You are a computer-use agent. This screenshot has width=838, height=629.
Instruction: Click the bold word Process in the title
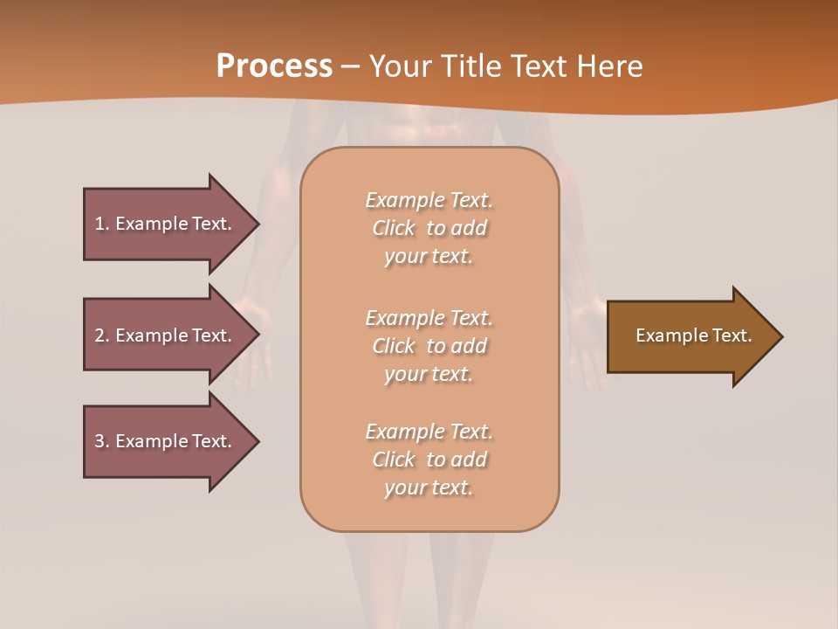(274, 66)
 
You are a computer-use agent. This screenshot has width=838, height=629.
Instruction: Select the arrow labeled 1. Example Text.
(166, 224)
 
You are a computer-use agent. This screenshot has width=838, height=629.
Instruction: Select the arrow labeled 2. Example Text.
(166, 335)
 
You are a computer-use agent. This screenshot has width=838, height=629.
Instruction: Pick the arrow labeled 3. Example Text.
(166, 441)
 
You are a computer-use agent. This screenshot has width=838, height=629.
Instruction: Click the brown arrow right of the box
(690, 336)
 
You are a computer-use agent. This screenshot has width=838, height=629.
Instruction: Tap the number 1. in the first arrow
(102, 224)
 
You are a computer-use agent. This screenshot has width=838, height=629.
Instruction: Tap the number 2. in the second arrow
(102, 335)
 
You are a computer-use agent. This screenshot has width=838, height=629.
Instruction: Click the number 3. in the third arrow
(102, 441)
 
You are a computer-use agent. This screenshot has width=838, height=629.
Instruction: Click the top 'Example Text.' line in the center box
(429, 200)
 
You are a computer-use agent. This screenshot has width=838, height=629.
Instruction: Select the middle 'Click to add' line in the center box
(429, 346)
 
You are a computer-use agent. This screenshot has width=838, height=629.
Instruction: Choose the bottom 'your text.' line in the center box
(429, 487)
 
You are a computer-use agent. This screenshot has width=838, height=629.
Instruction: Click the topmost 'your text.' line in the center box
(429, 257)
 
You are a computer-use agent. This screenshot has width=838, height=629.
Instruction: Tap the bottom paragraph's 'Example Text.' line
(429, 432)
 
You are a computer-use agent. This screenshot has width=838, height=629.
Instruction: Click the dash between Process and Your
(350, 66)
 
